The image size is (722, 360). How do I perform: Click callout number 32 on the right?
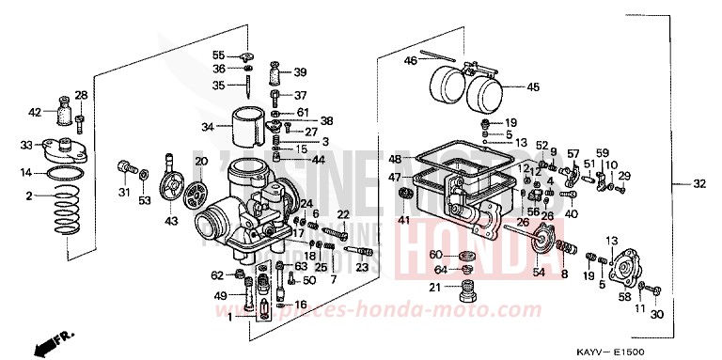pos(698,183)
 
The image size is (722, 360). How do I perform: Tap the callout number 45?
pos(532,87)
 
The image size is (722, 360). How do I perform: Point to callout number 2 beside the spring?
pos(29,196)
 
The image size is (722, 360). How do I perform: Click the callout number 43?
pos(171,221)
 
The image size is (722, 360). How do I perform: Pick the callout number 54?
pos(539,273)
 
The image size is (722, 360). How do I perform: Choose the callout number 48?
pos(395,159)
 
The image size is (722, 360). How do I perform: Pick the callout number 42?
pos(35,113)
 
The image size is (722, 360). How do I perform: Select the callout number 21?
pos(435,288)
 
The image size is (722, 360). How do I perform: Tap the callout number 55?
pos(218,54)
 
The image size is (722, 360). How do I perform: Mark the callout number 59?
pos(603,153)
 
